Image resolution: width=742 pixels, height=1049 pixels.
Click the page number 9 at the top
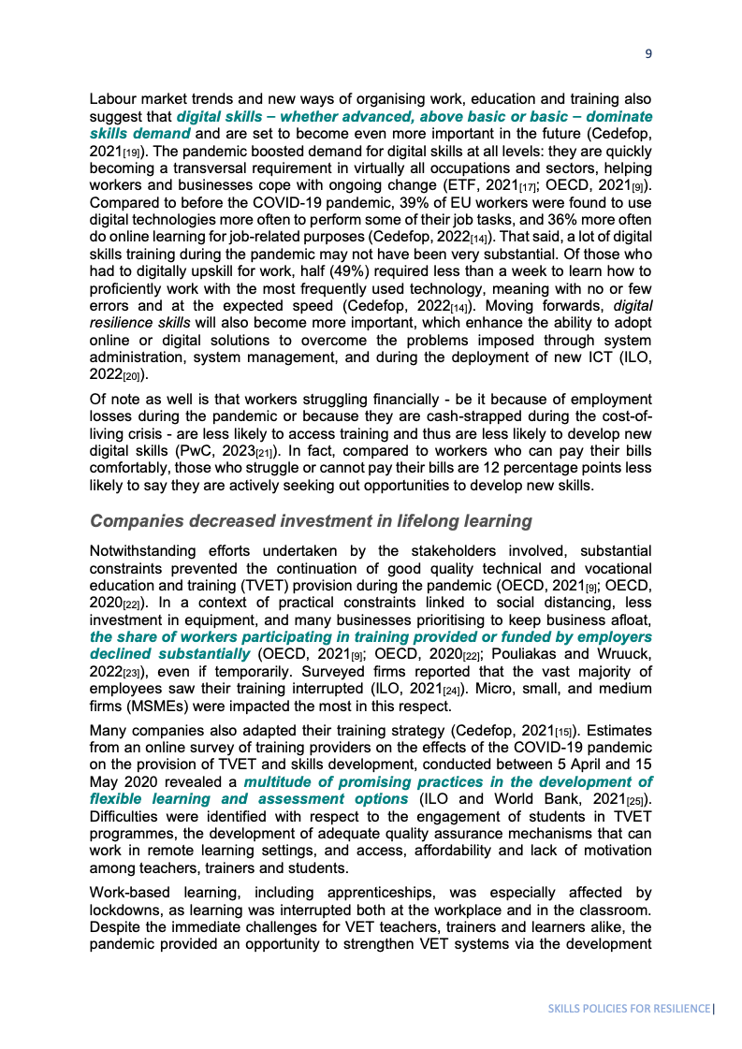[648, 54]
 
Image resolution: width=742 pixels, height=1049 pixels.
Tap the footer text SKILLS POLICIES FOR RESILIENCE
[629, 1010]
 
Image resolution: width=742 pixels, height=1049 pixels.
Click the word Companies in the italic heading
[133, 521]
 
